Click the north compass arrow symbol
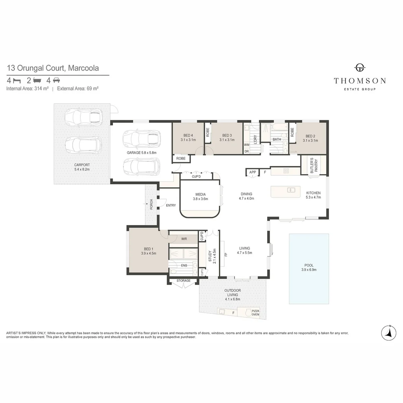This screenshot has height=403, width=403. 388,333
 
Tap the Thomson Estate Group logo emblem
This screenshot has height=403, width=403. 360,68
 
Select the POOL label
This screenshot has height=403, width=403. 309,265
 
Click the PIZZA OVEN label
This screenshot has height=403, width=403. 255,313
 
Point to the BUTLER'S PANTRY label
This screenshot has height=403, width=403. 314,166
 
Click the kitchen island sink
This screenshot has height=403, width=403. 291,190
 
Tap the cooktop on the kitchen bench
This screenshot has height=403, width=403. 286,171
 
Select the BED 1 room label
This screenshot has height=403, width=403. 149,249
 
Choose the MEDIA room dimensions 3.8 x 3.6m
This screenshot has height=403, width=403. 200,199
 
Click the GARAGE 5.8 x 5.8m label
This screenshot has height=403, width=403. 142,153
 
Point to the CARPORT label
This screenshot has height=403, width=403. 82,165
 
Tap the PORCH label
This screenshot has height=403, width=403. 151,204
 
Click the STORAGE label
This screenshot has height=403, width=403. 184,281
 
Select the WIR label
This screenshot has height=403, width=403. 184,239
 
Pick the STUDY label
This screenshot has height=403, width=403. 210,256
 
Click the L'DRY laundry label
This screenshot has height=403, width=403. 255,139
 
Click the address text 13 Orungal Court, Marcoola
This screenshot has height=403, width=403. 53,68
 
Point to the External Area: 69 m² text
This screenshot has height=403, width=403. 78,89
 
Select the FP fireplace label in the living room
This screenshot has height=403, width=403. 226,255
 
